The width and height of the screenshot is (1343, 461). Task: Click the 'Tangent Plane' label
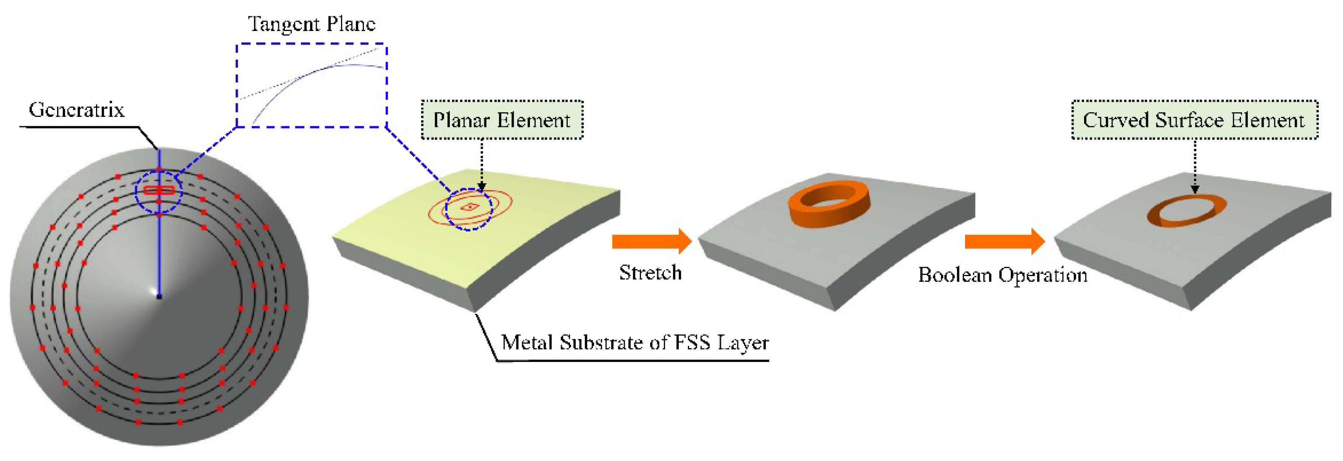click(x=311, y=24)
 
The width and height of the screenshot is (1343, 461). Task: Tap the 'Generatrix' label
click(x=77, y=110)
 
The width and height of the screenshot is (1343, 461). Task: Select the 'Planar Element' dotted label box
click(x=502, y=120)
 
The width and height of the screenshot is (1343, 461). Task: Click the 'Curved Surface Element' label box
click(x=1194, y=120)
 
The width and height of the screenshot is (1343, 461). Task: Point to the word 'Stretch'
click(x=650, y=273)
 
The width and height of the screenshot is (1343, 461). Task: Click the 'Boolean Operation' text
click(x=1002, y=275)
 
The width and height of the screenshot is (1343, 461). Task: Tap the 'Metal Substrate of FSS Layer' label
click(x=635, y=343)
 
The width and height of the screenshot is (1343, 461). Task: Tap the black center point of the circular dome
click(x=159, y=297)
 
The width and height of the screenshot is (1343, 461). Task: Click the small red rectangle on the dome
click(x=159, y=190)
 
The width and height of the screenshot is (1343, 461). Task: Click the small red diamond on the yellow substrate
click(x=470, y=207)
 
